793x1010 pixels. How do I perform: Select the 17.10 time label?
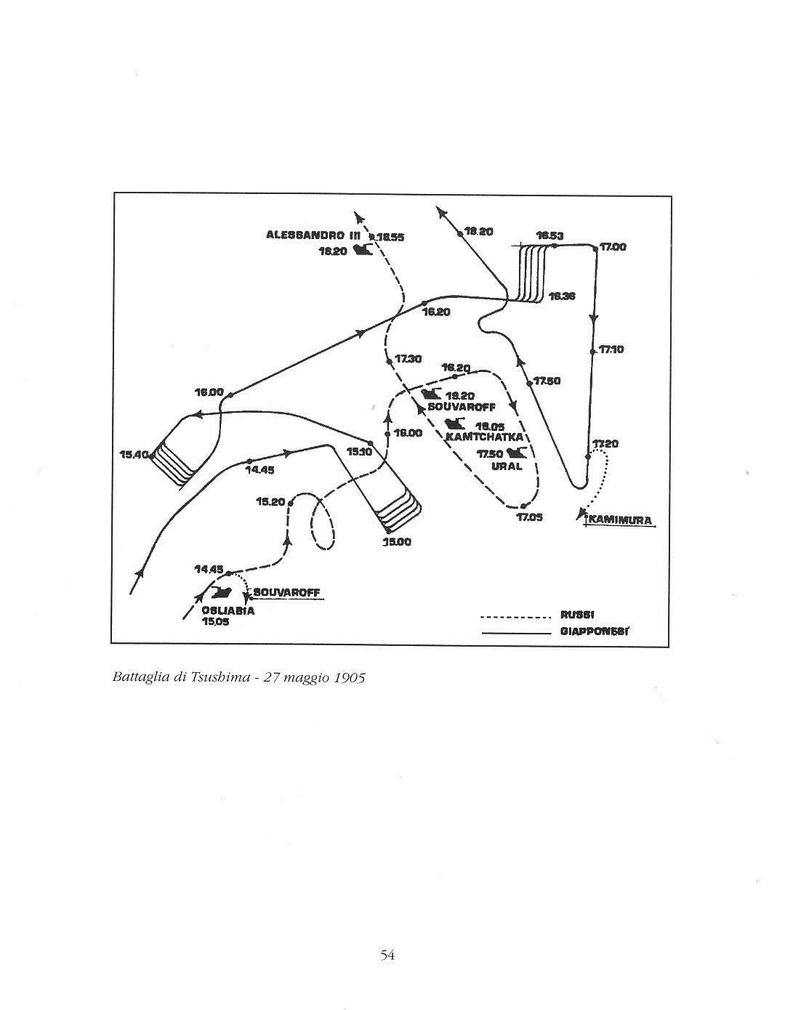pyautogui.click(x=611, y=350)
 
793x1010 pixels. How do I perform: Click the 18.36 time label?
pyautogui.click(x=562, y=296)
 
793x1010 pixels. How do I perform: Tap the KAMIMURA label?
pyautogui.click(x=621, y=520)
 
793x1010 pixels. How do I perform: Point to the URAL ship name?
pyautogui.click(x=507, y=466)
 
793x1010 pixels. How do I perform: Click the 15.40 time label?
pyautogui.click(x=134, y=455)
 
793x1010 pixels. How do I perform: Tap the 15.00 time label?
pyautogui.click(x=398, y=542)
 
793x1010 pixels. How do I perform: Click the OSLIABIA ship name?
pyautogui.click(x=228, y=611)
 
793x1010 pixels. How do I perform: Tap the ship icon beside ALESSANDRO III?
pyautogui.click(x=362, y=251)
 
